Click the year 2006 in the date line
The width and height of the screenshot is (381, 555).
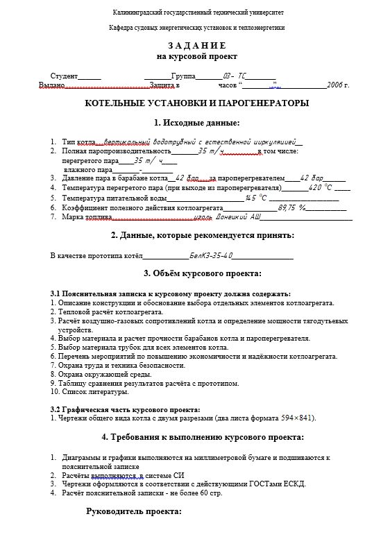click(337, 85)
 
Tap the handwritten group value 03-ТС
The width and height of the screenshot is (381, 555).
click(235, 76)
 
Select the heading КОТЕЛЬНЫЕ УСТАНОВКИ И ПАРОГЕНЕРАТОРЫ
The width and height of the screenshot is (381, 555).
click(197, 103)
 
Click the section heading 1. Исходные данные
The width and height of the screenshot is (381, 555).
click(196, 123)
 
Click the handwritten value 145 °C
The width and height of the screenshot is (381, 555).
click(257, 198)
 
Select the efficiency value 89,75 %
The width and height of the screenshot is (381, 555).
click(291, 207)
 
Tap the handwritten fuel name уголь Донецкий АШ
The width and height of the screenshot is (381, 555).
click(227, 217)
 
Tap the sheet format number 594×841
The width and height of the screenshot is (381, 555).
click(297, 418)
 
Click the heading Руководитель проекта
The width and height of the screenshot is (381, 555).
click(133, 512)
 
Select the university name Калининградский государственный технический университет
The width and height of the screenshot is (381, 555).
click(197, 13)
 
